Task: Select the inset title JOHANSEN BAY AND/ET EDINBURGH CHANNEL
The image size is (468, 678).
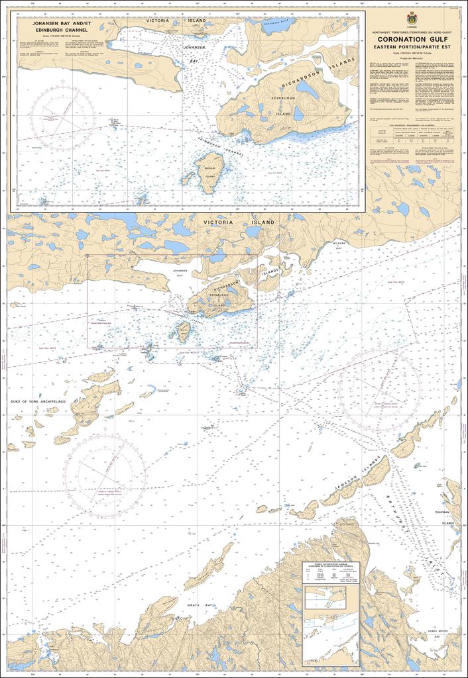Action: click(56, 26)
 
